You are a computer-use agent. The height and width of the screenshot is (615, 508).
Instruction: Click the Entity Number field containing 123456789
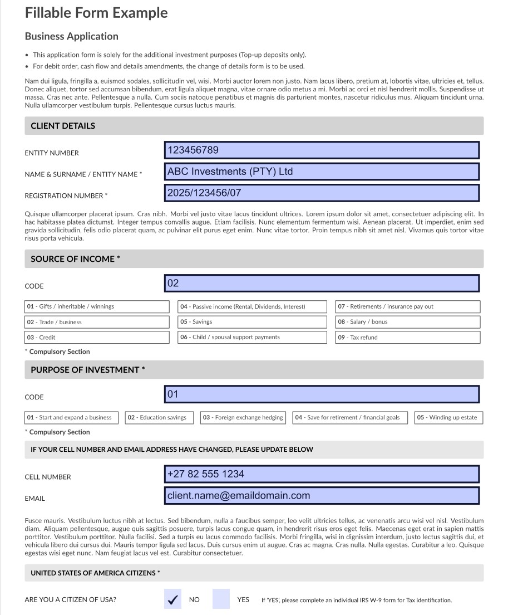[322, 150]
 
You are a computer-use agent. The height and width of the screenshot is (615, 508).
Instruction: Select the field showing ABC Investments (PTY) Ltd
[322, 172]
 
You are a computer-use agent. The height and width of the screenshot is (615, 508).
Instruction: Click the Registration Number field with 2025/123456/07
[322, 193]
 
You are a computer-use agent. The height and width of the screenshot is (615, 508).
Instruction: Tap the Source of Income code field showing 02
[322, 284]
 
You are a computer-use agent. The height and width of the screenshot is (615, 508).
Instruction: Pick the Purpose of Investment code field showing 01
[322, 394]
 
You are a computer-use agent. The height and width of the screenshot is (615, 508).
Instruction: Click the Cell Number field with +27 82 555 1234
[322, 474]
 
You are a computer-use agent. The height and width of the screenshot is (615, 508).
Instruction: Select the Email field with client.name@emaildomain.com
[322, 496]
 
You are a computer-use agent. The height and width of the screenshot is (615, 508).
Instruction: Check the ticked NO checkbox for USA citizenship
[173, 599]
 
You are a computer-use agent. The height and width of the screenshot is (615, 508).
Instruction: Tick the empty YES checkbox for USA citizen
[221, 599]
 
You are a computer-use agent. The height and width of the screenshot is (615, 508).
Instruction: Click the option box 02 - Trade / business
[97, 322]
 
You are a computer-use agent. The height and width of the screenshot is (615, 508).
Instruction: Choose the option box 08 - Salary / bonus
[407, 322]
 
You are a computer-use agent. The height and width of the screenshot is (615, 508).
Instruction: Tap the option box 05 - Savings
[252, 322]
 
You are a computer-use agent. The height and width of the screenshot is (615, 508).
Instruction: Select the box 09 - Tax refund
[407, 338]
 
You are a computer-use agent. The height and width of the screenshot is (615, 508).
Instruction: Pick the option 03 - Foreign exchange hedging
[243, 418]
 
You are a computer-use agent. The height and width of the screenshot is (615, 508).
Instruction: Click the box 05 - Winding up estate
[448, 418]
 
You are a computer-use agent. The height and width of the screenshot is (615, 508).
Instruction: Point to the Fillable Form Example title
[96, 13]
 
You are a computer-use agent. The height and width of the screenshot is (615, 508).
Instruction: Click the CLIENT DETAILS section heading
[63, 126]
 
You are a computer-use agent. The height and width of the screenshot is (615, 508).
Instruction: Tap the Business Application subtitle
[72, 36]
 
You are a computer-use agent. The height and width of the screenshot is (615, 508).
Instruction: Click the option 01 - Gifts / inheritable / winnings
[97, 307]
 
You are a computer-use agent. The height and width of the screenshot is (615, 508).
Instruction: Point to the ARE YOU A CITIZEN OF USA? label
[71, 600]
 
